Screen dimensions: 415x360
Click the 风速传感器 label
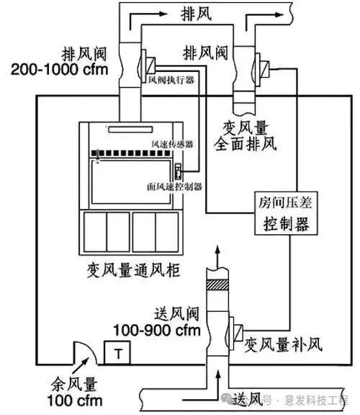(172, 143)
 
